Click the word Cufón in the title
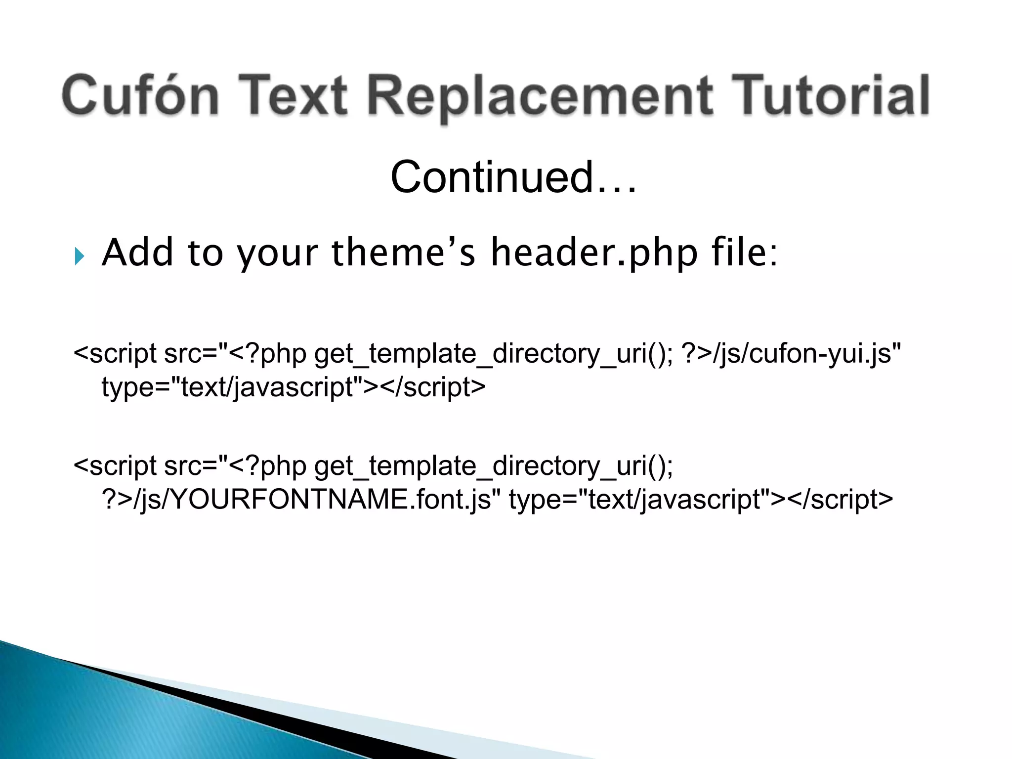point(140,95)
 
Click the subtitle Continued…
point(514,177)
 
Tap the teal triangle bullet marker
point(80,256)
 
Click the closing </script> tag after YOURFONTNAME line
point(840,499)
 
